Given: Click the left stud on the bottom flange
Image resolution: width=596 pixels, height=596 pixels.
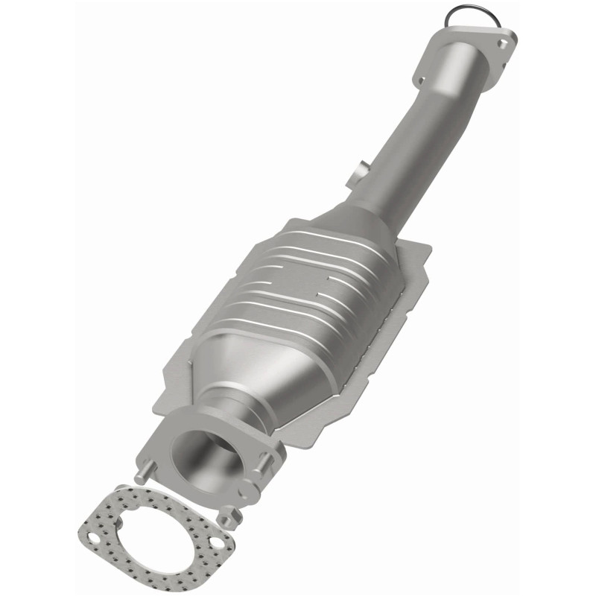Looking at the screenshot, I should point(143,472).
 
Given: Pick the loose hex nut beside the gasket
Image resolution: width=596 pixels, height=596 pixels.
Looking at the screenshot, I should point(229,515).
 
